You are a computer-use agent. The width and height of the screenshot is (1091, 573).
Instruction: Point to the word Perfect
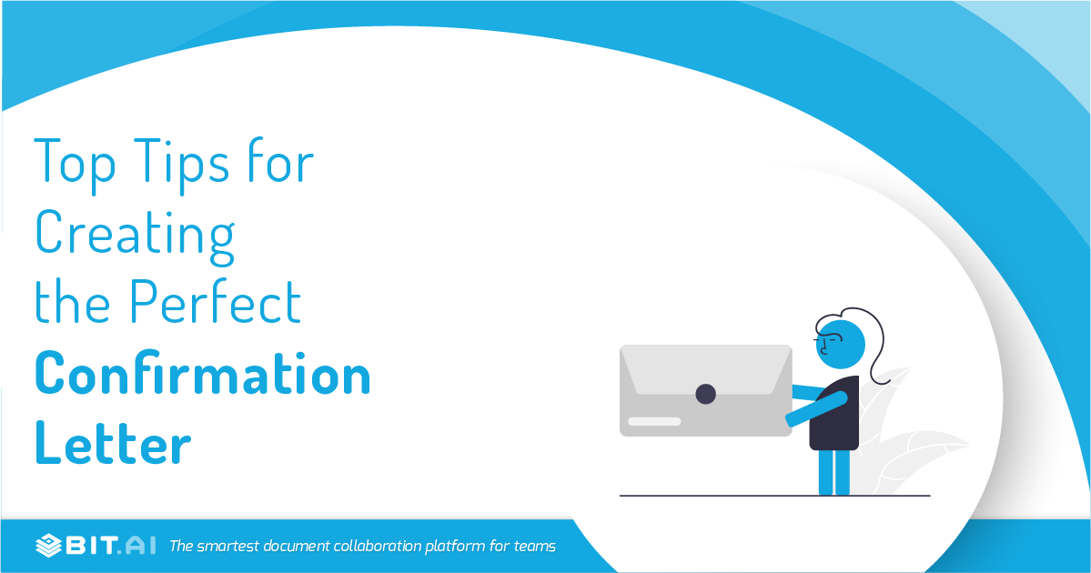(x=217, y=302)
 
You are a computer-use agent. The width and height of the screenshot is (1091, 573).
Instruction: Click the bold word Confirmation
(x=203, y=373)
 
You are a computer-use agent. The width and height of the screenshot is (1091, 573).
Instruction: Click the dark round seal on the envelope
(x=705, y=394)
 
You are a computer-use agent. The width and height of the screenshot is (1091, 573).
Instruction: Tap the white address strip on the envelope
(x=654, y=421)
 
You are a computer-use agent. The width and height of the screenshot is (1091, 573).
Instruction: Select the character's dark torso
(x=835, y=415)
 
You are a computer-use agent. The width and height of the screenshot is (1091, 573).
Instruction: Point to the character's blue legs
(x=834, y=473)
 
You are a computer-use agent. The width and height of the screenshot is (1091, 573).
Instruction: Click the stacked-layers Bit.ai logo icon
(x=49, y=546)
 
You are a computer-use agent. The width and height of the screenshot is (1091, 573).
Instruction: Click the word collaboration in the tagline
(x=377, y=546)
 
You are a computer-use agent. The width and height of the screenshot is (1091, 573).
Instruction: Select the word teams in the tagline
(x=535, y=546)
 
